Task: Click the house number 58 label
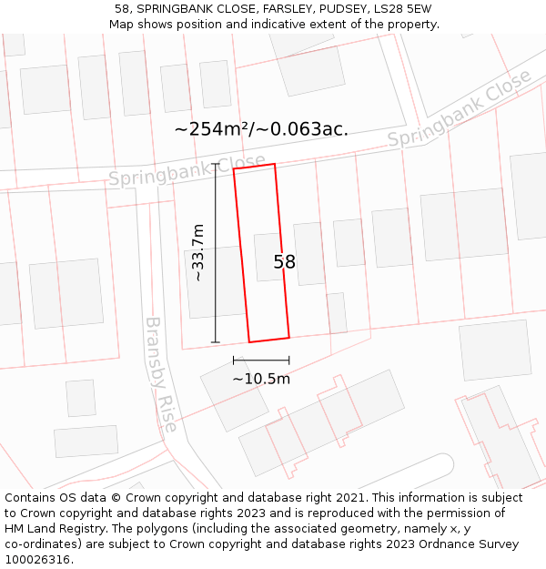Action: (285, 262)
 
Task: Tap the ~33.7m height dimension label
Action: (197, 252)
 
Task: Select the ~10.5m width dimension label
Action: (261, 379)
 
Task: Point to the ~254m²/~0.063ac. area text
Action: (261, 129)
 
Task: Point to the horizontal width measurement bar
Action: (261, 361)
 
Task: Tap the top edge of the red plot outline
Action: (254, 167)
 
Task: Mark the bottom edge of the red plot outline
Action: (269, 340)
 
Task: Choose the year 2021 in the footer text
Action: (349, 498)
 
